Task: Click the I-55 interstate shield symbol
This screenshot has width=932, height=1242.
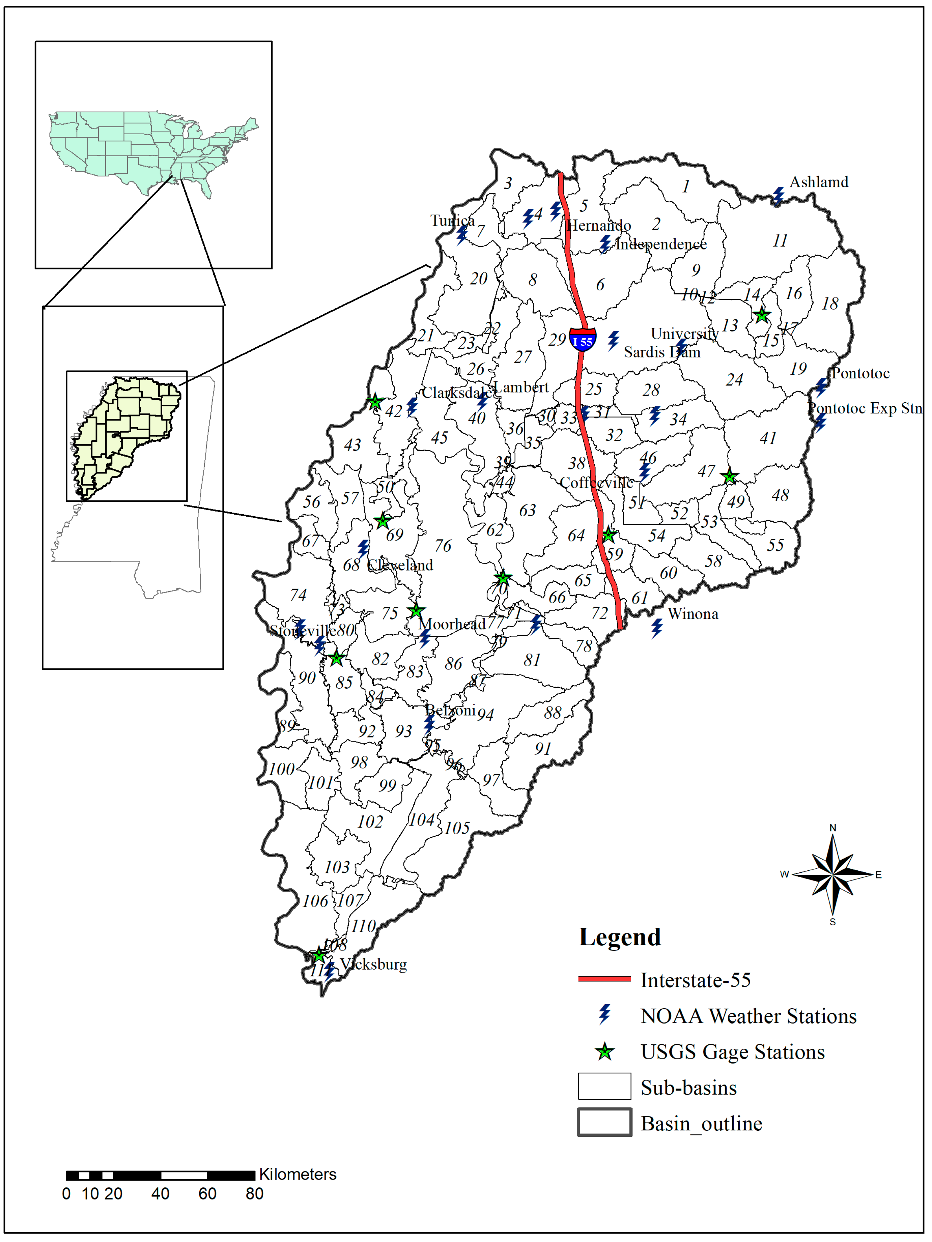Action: (583, 340)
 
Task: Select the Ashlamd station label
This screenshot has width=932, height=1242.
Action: (819, 182)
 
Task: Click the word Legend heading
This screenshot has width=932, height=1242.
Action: (620, 937)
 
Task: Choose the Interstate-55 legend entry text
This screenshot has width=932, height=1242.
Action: (696, 980)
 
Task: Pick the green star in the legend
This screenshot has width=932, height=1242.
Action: (604, 1052)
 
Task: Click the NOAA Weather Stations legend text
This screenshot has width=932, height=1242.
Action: (748, 1016)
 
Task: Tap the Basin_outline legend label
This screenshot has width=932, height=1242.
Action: (701, 1124)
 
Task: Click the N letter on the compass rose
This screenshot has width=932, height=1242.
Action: (832, 828)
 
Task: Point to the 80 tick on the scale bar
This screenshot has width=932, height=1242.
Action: (254, 1194)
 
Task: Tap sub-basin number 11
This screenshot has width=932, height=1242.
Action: (780, 241)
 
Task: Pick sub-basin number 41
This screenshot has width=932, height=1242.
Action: (768, 438)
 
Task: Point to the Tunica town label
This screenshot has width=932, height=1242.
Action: (452, 221)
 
